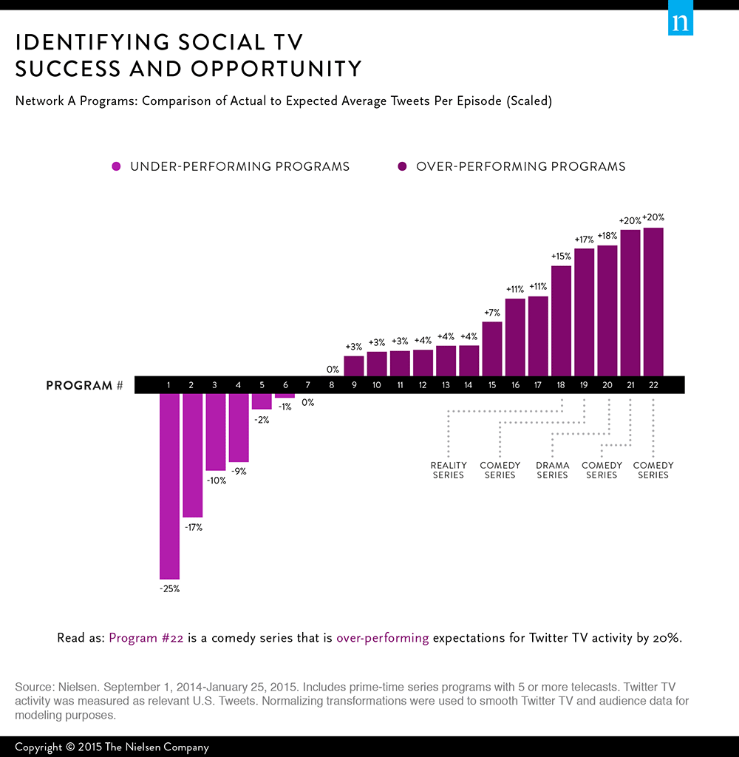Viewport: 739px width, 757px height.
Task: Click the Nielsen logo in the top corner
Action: coord(681,22)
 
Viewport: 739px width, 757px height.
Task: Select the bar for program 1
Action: coord(169,486)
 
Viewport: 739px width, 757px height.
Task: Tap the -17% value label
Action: coord(193,528)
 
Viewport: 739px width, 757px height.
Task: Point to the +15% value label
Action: coord(562,257)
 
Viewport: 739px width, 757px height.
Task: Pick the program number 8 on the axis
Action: coord(331,385)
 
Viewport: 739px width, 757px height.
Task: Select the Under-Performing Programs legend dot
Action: coord(116,167)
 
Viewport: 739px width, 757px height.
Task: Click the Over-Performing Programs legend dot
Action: coord(402,167)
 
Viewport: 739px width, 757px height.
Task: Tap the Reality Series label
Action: coord(449,470)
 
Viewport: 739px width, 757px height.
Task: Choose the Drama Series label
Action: coord(552,470)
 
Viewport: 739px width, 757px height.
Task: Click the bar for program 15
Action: coord(492,349)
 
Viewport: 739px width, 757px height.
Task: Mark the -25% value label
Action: coord(169,589)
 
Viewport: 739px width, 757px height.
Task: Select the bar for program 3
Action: coord(215,432)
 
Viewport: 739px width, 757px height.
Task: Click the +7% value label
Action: coord(492,313)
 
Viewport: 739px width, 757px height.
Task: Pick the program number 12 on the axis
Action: coord(423,385)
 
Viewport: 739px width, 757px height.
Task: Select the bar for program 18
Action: coord(562,321)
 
